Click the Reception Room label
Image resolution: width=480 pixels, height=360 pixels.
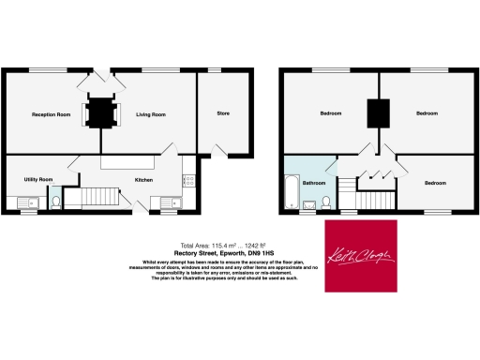pos(52,114)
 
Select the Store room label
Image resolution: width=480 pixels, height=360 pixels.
pos(223,113)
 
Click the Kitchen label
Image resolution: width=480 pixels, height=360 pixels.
pos(143,179)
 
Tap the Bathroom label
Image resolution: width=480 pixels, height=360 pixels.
pos(313,183)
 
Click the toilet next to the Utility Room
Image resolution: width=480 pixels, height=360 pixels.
pos(55,201)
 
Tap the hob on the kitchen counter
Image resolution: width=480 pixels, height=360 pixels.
pos(188,176)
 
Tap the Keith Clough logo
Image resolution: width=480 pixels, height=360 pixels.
pos(362,255)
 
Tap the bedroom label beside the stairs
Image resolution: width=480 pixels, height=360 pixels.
pos(434,183)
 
